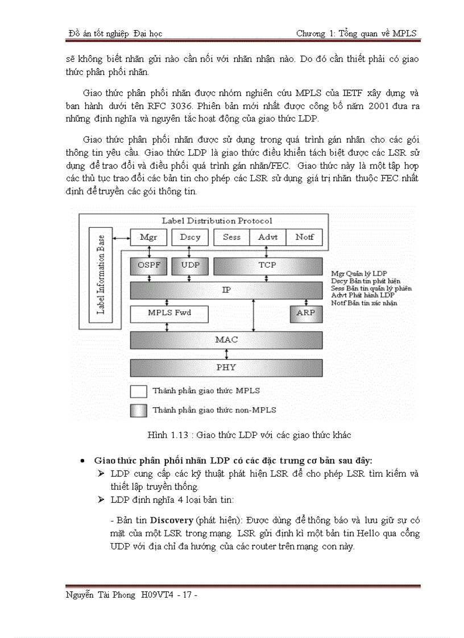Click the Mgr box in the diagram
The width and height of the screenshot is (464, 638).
coord(148,237)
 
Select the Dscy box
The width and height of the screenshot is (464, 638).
coord(190,237)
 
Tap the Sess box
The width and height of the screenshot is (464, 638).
coord(231,237)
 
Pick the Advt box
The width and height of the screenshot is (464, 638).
coord(268,237)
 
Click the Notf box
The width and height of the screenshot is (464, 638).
coord(304,237)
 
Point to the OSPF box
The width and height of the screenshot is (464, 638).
coord(148,265)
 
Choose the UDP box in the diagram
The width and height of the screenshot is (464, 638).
coord(190,265)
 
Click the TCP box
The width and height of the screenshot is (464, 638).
coord(267,265)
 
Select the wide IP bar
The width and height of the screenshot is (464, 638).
coord(226,290)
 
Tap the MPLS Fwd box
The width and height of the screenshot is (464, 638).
coord(169,313)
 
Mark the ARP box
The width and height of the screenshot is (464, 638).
coord(306,313)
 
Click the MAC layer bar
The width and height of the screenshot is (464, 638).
coord(226,340)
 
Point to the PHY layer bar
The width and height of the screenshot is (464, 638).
coord(226,368)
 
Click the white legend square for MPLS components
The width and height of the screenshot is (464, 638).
coord(139,391)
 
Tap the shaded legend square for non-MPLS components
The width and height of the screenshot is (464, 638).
coord(139,410)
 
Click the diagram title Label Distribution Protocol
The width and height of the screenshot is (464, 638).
coord(217,221)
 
